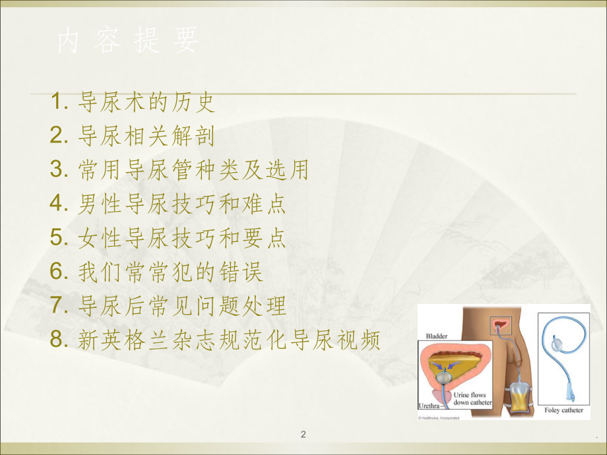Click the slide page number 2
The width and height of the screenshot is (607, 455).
click(303, 434)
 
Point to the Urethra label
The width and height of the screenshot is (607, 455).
click(430, 406)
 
